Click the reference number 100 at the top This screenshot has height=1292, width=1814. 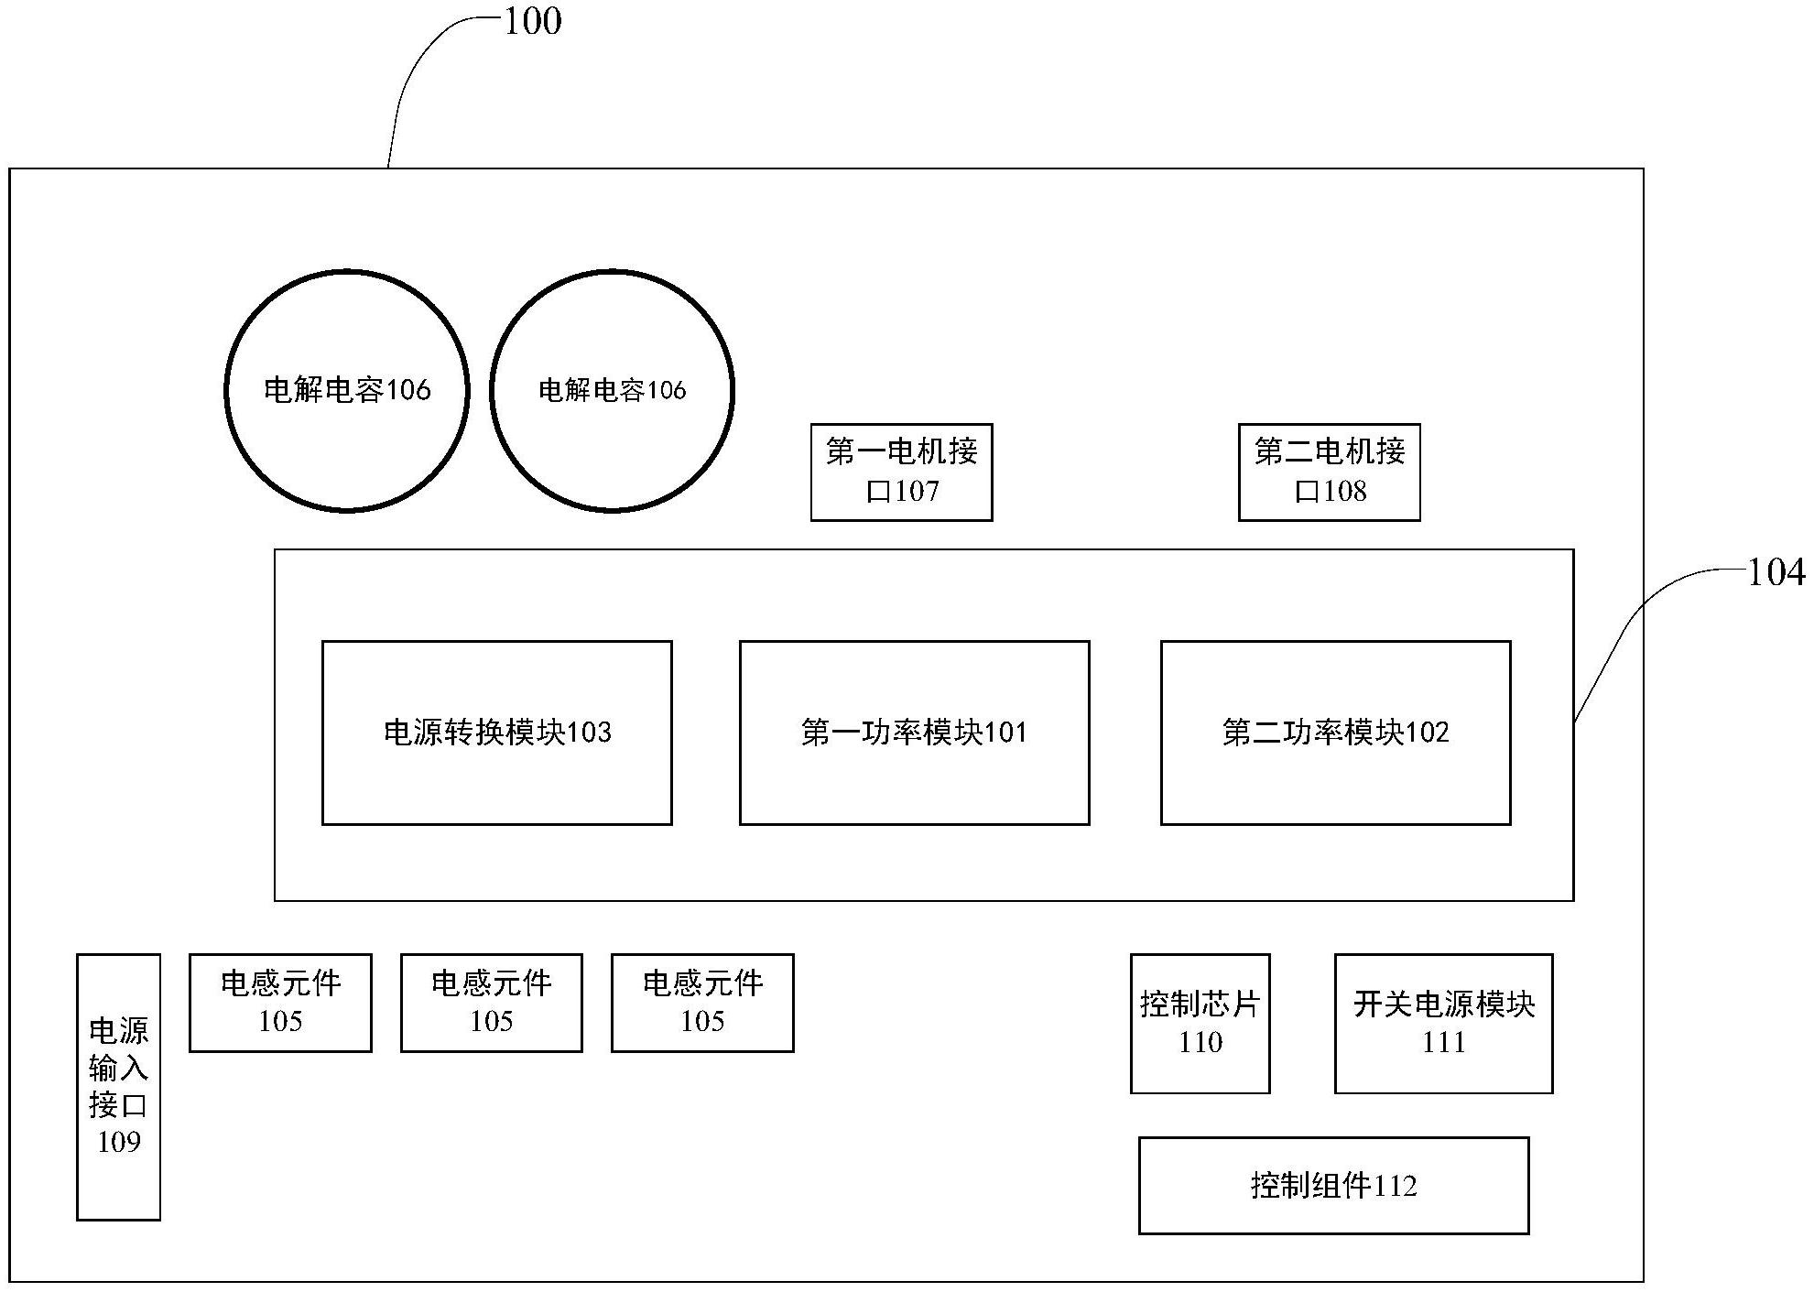(533, 21)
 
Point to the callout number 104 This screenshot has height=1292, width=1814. (1776, 573)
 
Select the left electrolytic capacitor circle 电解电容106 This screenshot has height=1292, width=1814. (347, 391)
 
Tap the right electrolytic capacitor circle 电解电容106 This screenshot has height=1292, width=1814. (612, 391)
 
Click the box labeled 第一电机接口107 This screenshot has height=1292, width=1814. (901, 472)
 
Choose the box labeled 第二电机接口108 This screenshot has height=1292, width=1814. (1329, 472)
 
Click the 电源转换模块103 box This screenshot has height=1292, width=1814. (496, 733)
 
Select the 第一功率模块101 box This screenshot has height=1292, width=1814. (914, 733)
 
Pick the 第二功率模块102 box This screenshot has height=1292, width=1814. (1335, 733)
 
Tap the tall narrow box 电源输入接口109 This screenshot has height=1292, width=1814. (118, 1087)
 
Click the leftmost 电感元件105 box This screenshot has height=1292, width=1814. (280, 1003)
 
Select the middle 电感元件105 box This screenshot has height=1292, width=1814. (491, 1003)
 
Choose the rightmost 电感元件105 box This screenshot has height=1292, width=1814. (702, 1003)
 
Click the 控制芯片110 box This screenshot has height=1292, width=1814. (1200, 1024)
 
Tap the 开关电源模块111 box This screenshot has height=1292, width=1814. (1443, 1024)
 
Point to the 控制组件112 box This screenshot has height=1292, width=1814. (1333, 1186)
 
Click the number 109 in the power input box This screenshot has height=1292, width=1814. (119, 1143)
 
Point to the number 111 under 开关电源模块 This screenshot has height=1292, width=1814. (1443, 1043)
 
